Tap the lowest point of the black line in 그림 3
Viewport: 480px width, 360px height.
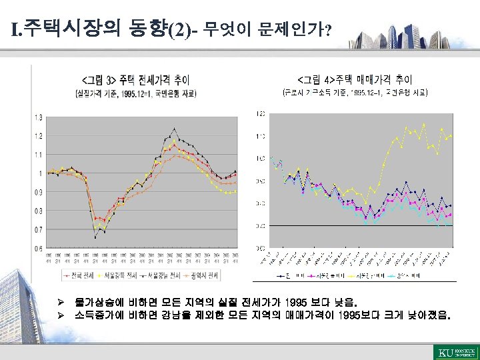click(x=95, y=237)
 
